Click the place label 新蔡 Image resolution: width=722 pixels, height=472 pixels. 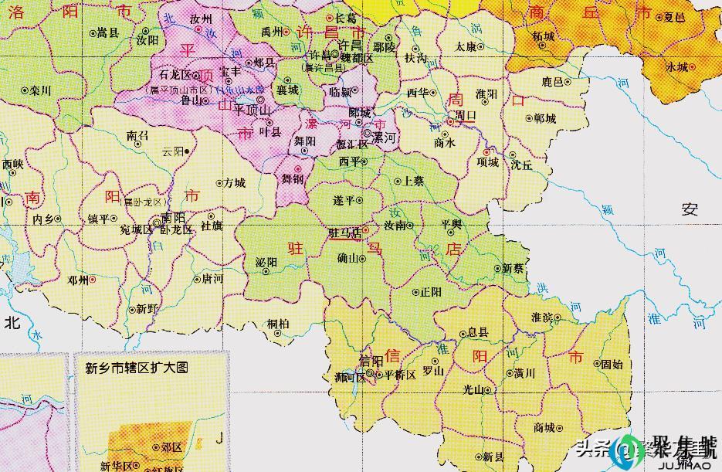[x=513, y=268]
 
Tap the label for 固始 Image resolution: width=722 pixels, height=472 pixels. [x=612, y=363]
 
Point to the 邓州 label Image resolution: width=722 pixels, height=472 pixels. [x=78, y=280]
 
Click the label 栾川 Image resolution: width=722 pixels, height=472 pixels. [x=40, y=90]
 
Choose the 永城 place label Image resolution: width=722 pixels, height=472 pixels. [x=676, y=66]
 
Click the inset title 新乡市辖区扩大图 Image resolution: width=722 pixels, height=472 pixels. [x=136, y=368]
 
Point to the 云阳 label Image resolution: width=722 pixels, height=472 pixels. [x=174, y=151]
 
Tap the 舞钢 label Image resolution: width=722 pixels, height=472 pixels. [x=292, y=178]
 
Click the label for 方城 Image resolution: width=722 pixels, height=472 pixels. [x=234, y=183]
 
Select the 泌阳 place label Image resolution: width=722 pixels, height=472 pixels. [x=266, y=263]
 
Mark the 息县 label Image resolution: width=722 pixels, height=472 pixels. [x=478, y=332]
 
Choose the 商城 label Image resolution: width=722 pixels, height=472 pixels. [x=544, y=427]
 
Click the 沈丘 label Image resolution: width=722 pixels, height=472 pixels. [x=521, y=165]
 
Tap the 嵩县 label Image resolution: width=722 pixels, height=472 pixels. [x=107, y=33]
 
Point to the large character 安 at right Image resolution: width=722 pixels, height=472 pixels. [x=690, y=208]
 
